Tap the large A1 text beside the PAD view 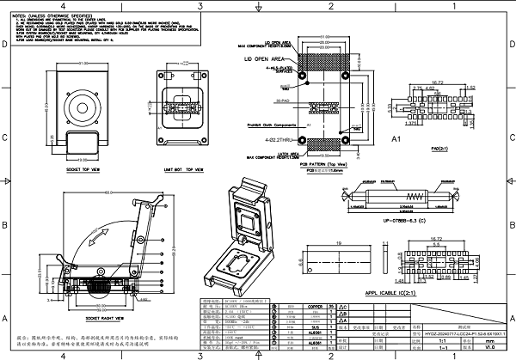(397, 137)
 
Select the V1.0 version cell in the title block (491, 347)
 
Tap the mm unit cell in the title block (491, 339)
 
